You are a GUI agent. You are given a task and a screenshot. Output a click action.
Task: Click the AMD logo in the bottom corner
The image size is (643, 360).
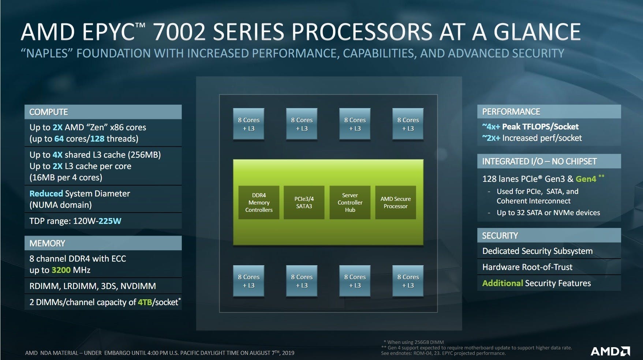pyautogui.click(x=610, y=352)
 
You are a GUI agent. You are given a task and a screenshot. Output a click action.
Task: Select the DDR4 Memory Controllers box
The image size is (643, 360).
pyautogui.click(x=259, y=203)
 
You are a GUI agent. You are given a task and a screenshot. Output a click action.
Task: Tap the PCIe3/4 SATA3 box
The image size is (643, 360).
pyautogui.click(x=304, y=203)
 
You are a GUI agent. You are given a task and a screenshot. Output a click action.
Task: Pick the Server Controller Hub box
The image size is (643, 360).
pyautogui.click(x=350, y=203)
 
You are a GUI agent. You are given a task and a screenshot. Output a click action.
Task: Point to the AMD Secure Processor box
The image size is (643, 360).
pyautogui.click(x=396, y=203)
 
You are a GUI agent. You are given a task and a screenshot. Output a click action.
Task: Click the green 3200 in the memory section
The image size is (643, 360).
pyautogui.click(x=61, y=270)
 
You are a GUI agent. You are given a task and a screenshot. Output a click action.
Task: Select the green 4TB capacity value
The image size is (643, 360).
pyautogui.click(x=145, y=302)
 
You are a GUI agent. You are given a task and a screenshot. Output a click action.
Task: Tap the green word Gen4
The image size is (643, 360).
pyautogui.click(x=586, y=179)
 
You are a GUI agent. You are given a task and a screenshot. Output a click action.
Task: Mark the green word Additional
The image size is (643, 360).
pyautogui.click(x=502, y=283)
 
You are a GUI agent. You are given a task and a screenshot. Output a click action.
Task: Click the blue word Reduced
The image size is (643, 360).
pyautogui.click(x=46, y=194)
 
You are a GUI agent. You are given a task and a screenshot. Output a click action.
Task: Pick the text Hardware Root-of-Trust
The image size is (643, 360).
pyautogui.click(x=527, y=267)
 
